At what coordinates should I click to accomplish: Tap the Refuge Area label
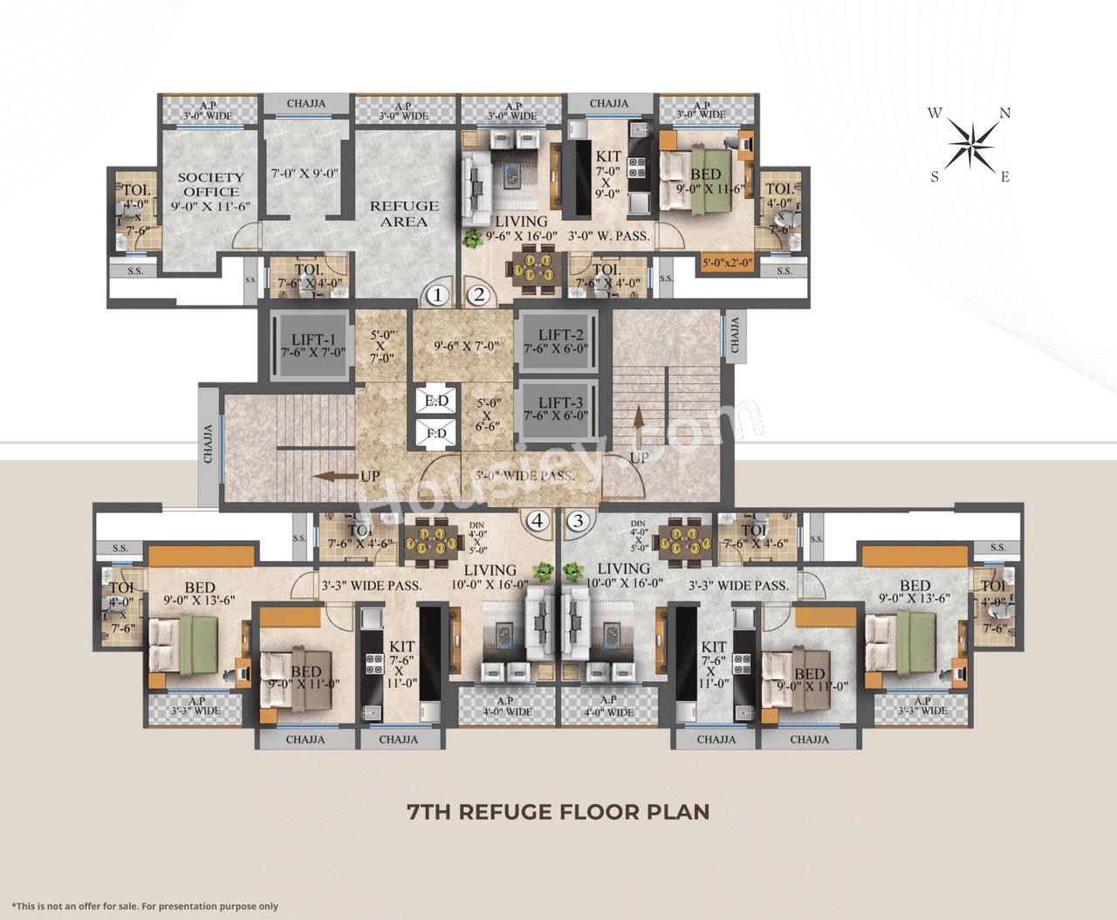(x=404, y=214)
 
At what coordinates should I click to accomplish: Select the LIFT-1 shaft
(x=312, y=345)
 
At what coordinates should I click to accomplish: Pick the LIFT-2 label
(x=560, y=334)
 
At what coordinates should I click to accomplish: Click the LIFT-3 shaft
(x=558, y=409)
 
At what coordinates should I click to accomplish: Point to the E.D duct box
(x=436, y=402)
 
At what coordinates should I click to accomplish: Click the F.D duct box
(x=436, y=433)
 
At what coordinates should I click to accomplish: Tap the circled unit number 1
(x=437, y=295)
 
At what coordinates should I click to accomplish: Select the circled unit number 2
(x=478, y=295)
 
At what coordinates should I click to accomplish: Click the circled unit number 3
(x=578, y=521)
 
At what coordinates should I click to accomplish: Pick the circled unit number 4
(x=538, y=521)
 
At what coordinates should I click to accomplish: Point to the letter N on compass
(x=1005, y=113)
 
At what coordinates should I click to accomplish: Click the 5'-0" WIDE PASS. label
(x=524, y=476)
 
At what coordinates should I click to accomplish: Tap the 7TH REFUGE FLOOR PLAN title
(x=558, y=812)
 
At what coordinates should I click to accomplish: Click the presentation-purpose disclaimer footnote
(x=145, y=906)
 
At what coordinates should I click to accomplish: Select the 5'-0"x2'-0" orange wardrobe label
(x=727, y=262)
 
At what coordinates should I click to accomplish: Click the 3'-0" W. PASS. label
(x=608, y=236)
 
